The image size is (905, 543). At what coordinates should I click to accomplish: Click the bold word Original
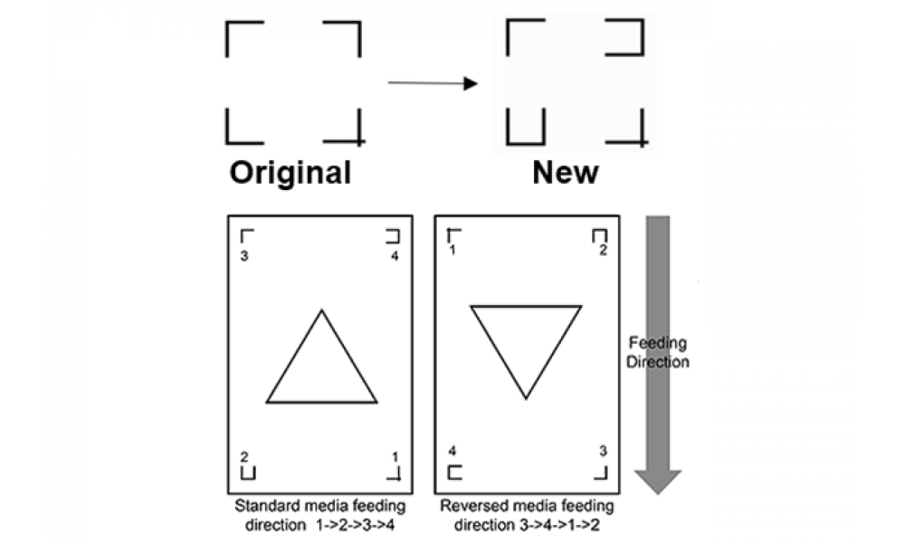[291, 173]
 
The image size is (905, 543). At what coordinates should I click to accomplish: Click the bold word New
[566, 172]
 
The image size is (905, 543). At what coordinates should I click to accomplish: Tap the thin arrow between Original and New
[433, 83]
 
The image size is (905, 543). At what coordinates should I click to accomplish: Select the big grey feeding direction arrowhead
[658, 481]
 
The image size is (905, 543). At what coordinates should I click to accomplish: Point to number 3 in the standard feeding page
[244, 255]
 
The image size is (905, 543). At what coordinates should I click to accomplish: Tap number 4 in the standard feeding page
[395, 255]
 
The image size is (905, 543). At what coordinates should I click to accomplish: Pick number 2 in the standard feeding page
[244, 457]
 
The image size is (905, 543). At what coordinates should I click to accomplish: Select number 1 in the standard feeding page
[395, 457]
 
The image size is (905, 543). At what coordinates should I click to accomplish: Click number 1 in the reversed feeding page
[452, 250]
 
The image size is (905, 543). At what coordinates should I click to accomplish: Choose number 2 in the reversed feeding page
[603, 250]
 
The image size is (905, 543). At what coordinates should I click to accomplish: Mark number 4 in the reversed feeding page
[452, 451]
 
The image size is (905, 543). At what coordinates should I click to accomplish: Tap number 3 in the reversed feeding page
[603, 451]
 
